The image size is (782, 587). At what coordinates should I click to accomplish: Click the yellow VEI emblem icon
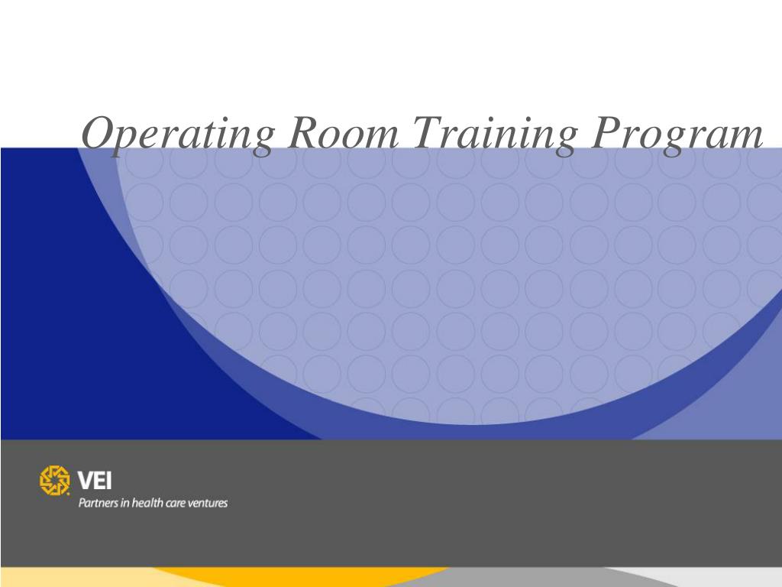pyautogui.click(x=54, y=480)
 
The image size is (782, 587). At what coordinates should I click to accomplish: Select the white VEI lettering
pyautogui.click(x=94, y=481)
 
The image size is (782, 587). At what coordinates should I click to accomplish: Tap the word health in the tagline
pyautogui.click(x=148, y=503)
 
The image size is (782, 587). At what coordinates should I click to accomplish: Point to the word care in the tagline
pyautogui.click(x=177, y=504)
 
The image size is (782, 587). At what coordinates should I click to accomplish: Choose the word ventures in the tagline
pyautogui.click(x=209, y=504)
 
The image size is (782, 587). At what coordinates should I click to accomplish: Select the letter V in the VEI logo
pyautogui.click(x=84, y=481)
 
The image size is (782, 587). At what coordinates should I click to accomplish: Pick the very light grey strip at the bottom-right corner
pyautogui.click(x=733, y=578)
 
